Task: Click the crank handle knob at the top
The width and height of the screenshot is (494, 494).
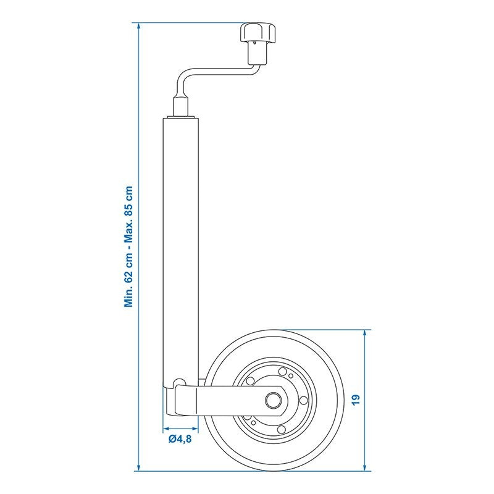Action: [258, 32]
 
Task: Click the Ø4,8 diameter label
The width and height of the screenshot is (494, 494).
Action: [180, 439]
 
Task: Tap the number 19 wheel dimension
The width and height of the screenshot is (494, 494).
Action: [356, 400]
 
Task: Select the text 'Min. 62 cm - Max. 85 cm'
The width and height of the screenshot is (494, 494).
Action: [128, 246]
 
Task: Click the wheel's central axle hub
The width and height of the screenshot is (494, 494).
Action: [272, 400]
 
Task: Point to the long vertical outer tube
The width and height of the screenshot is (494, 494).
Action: [180, 252]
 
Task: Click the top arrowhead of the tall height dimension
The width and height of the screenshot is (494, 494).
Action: [138, 27]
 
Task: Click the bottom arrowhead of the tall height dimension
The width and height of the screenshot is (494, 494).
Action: [138, 467]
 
